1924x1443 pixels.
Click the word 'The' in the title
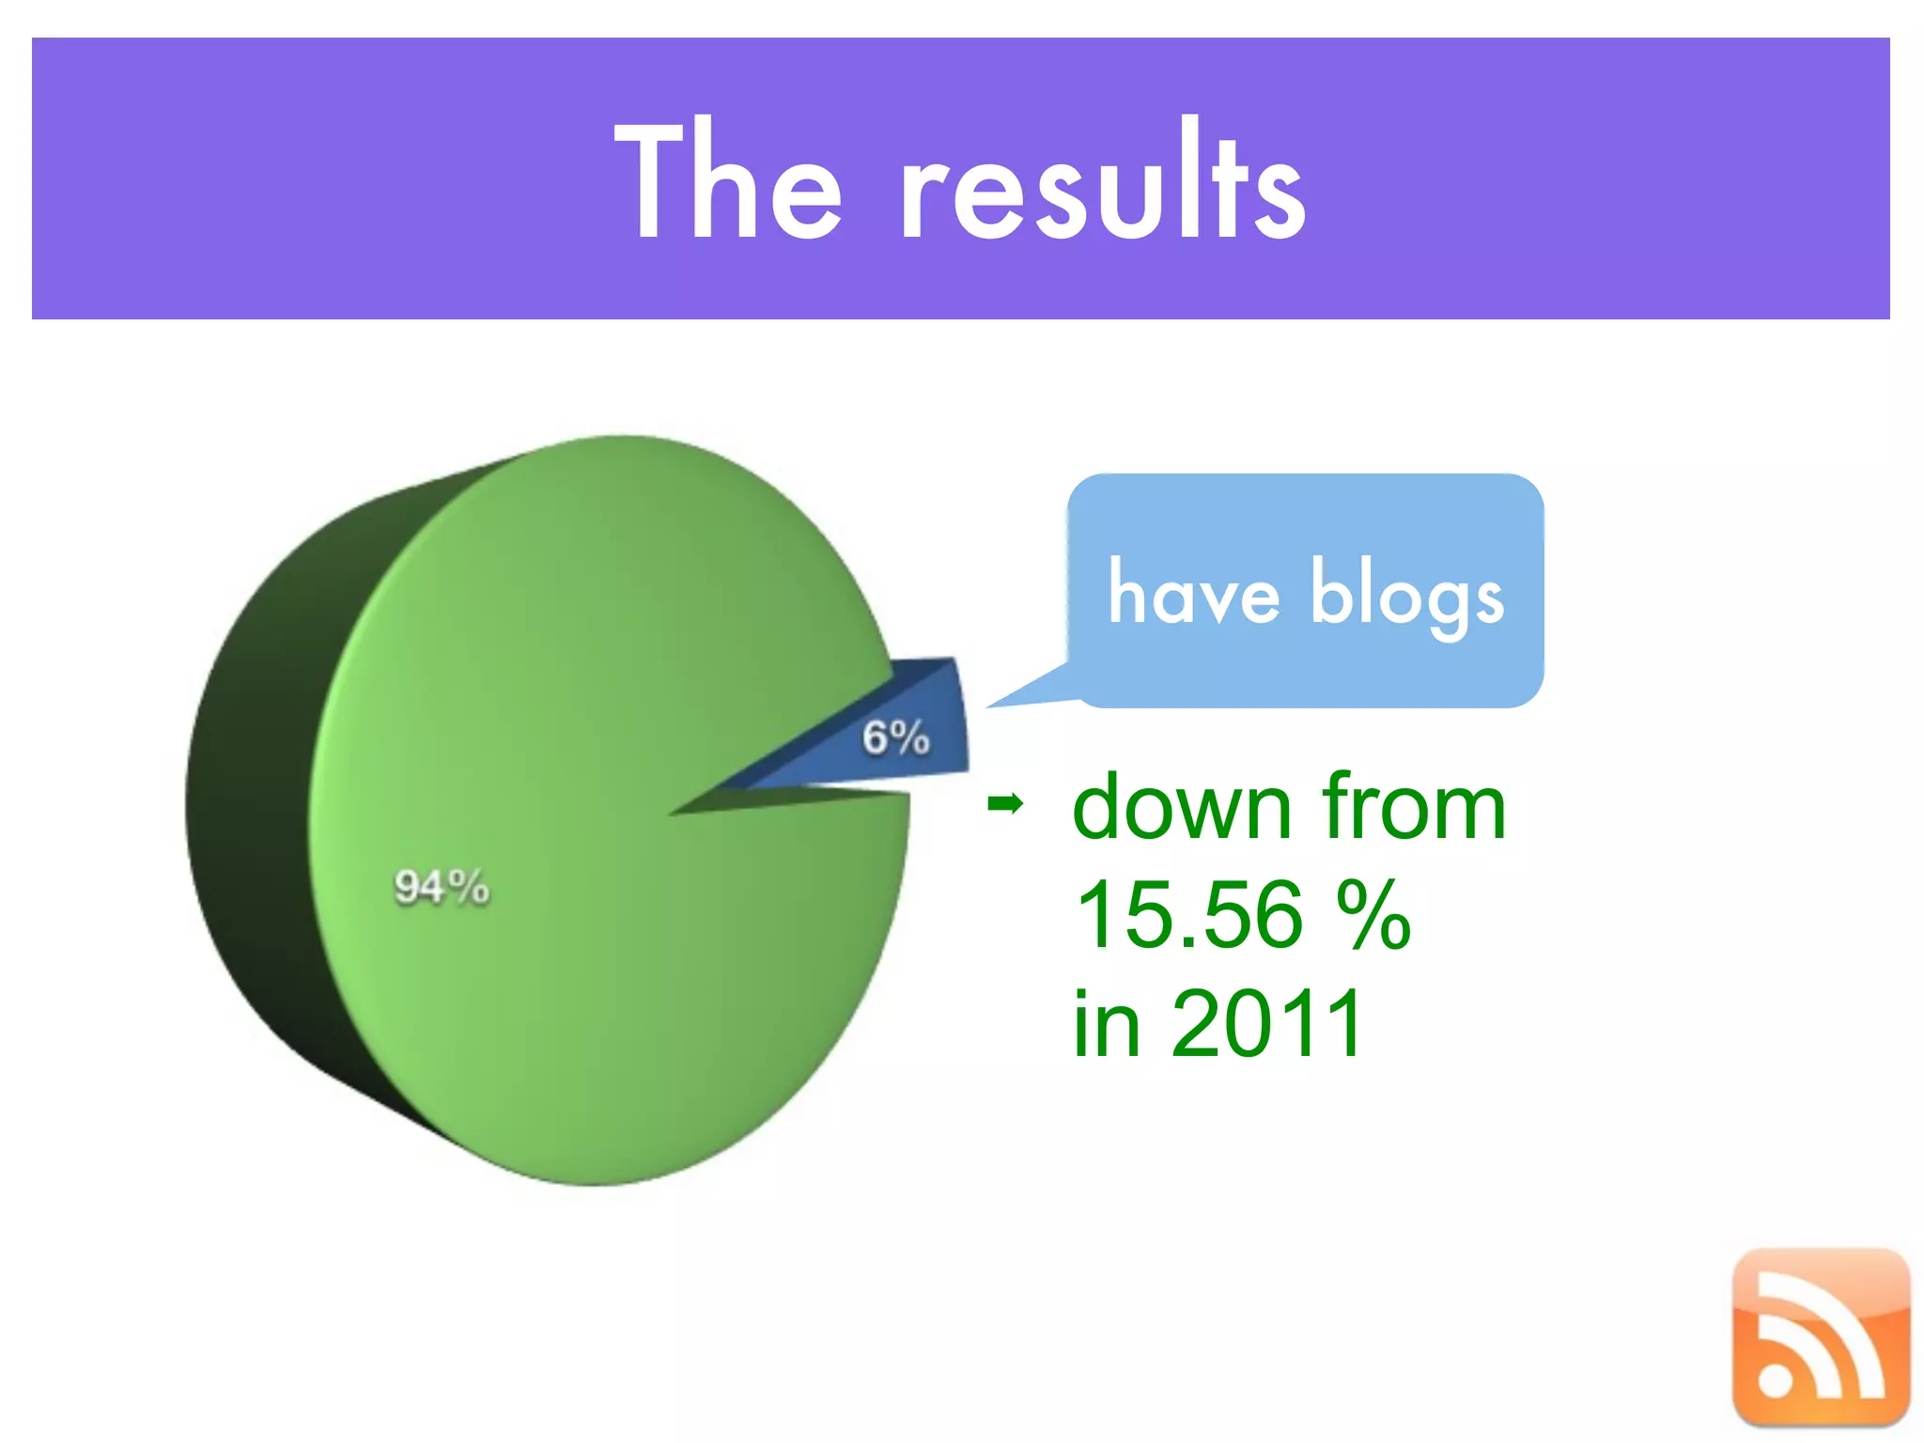(728, 183)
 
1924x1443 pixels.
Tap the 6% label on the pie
(895, 737)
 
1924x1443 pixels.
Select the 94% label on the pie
(442, 886)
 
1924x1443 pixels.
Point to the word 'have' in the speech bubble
(1193, 594)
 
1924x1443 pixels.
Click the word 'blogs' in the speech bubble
(1406, 594)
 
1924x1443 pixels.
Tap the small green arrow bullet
(1005, 804)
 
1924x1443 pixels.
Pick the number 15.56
(1189, 915)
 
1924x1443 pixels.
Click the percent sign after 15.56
(1373, 915)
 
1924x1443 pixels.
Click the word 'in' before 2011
(1107, 1024)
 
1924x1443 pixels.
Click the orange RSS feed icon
(1821, 1337)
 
